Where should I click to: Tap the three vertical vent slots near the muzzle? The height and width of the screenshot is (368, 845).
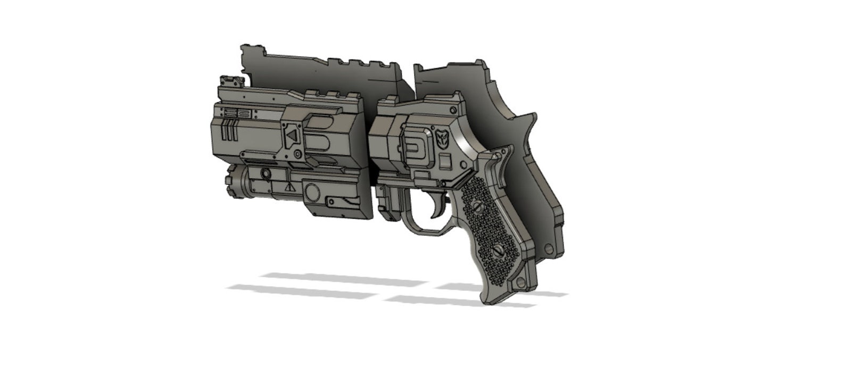[228, 130]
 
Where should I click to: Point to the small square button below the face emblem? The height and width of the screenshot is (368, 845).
[446, 160]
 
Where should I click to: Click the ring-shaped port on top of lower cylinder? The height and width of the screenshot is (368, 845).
[264, 174]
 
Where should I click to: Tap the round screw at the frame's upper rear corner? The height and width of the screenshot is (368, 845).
[453, 110]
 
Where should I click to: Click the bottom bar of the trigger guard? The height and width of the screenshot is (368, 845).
[426, 232]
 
